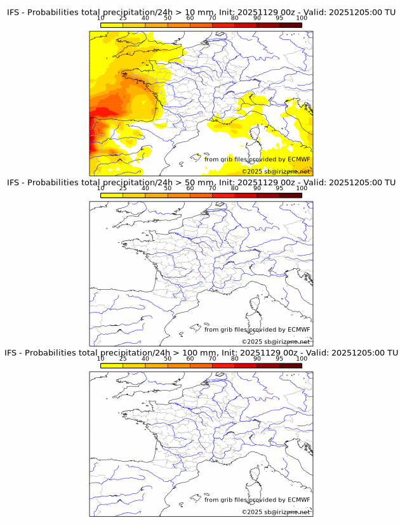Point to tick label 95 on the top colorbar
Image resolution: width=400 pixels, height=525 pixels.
pyautogui.click(x=279, y=19)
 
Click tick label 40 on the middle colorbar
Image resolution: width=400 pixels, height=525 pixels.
pyautogui.click(x=145, y=188)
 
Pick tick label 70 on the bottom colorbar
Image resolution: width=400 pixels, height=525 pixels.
pyautogui.click(x=213, y=359)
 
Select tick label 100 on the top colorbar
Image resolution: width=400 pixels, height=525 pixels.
pyautogui.click(x=302, y=19)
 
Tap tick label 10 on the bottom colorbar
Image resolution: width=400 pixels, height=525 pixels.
pyautogui.click(x=100, y=359)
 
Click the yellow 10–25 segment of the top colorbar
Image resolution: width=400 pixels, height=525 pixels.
pyautogui.click(x=112, y=25)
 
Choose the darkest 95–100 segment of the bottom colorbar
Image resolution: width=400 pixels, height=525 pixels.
pyautogui.click(x=290, y=366)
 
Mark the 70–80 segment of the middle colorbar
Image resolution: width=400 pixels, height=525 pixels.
pyautogui.click(x=223, y=195)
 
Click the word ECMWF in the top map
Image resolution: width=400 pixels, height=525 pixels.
pyautogui.click(x=298, y=160)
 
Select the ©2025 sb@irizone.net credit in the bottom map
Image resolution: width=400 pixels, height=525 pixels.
pyautogui.click(x=276, y=512)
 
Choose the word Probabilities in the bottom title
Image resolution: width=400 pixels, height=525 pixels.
pyautogui.click(x=54, y=353)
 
